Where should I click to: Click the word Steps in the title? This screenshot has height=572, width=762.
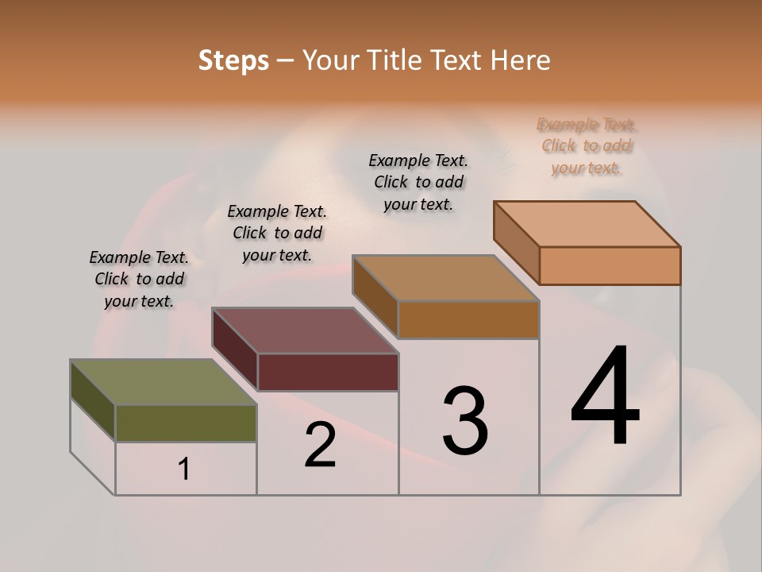coord(233,60)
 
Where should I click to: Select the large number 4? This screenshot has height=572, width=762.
coord(605,397)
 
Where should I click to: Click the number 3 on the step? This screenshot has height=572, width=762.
coord(465,421)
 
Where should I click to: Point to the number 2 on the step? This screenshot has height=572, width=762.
coord(321,445)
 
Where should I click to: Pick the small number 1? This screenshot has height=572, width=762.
coord(184,470)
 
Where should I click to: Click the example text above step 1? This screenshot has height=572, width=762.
coord(139,279)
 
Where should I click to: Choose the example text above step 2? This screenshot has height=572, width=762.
coord(277,233)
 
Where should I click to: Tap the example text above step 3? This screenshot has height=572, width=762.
coord(418,182)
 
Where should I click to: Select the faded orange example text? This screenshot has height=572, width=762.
coord(587,146)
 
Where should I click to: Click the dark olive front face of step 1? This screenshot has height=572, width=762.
coord(186,423)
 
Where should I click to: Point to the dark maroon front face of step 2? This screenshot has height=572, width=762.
coord(328,372)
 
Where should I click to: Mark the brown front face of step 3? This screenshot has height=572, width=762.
coord(468,320)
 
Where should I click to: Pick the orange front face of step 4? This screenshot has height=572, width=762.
coord(610,265)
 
